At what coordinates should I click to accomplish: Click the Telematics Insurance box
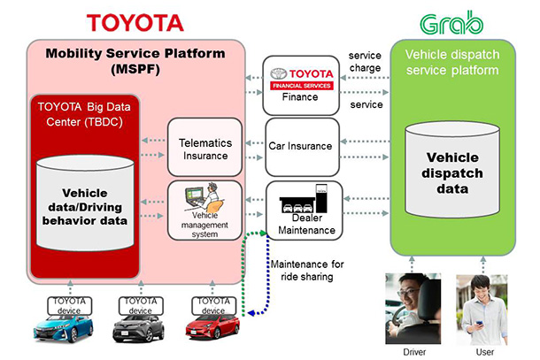click(x=204, y=147)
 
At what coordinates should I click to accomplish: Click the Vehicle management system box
click(x=204, y=210)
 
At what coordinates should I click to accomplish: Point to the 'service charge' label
click(x=365, y=63)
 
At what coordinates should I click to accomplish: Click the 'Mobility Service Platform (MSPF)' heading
click(x=135, y=60)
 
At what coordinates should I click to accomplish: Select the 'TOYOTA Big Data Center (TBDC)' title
click(x=86, y=115)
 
